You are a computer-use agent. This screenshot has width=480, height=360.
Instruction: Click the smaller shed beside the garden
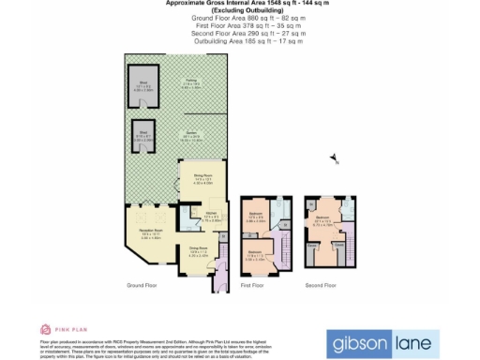tap(143, 133)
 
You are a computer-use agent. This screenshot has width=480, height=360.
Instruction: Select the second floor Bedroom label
tap(324, 224)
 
